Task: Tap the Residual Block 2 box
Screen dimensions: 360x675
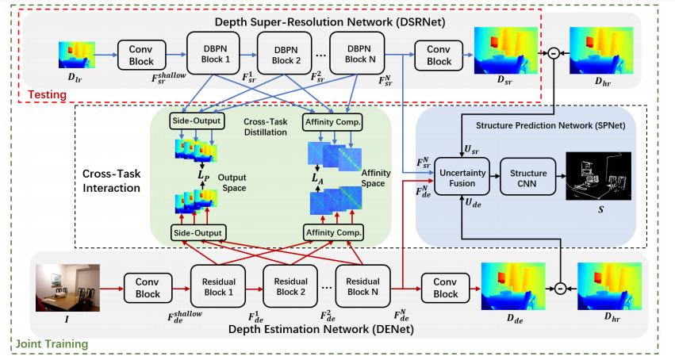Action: point(290,287)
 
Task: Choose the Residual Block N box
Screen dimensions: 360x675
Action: point(363,287)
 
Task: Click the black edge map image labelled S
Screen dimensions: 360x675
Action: point(596,176)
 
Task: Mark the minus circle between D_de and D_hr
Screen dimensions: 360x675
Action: point(560,287)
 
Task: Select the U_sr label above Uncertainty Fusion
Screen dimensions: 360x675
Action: point(471,148)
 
